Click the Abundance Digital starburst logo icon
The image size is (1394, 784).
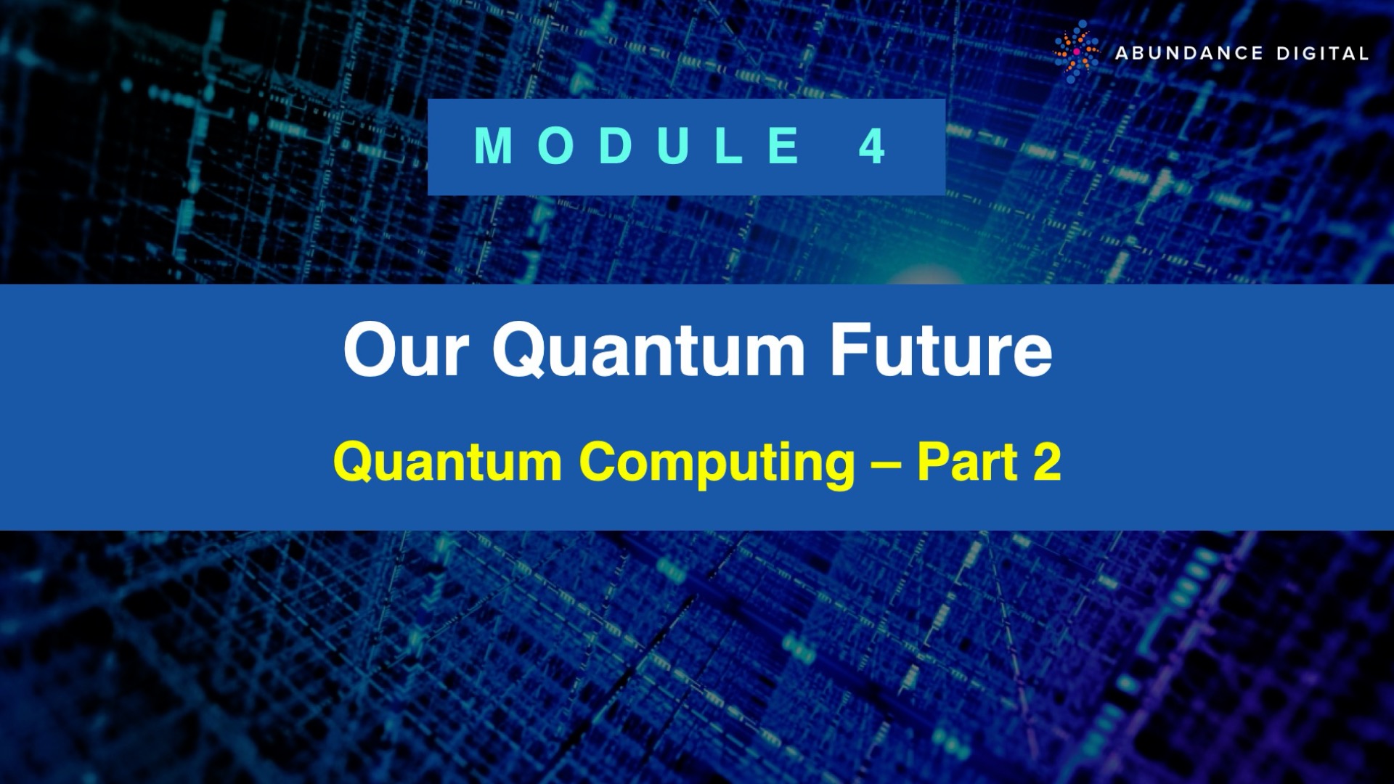coord(1077,52)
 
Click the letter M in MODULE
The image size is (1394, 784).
coord(494,146)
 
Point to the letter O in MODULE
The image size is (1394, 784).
coord(557,146)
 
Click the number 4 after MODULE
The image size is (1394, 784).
coord(872,146)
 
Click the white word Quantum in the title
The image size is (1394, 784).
coord(648,351)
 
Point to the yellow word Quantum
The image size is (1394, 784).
coord(447,462)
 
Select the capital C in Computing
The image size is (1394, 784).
coord(600,462)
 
